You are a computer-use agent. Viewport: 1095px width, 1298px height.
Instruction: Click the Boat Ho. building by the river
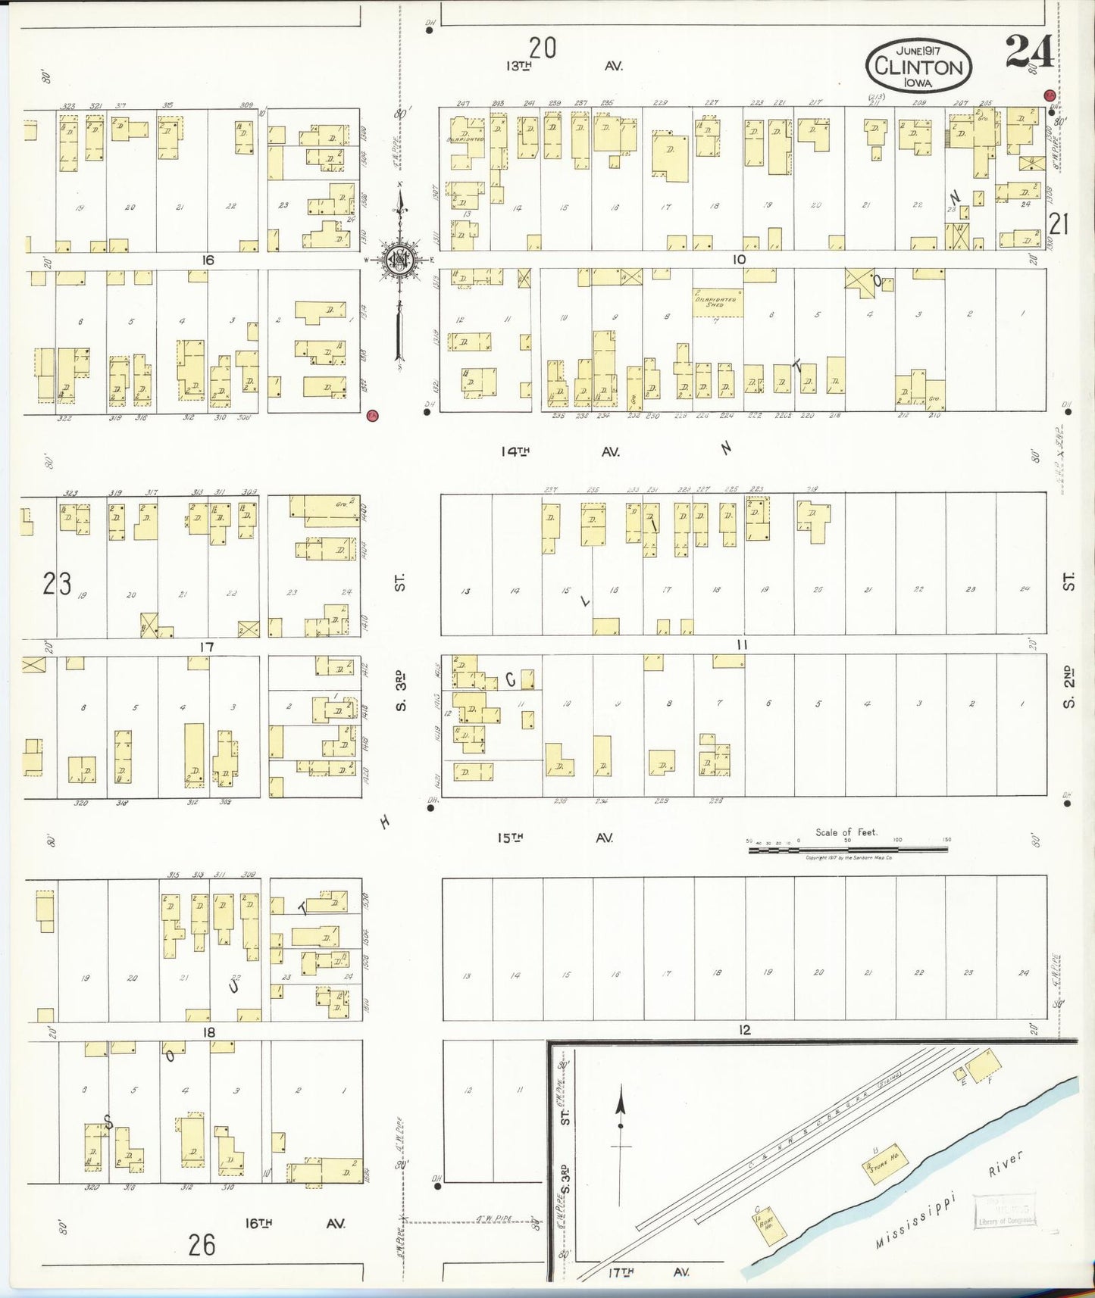click(x=764, y=1225)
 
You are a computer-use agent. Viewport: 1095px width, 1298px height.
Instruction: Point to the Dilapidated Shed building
click(x=717, y=302)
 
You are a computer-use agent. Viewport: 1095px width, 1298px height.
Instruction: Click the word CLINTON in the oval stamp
click(x=918, y=67)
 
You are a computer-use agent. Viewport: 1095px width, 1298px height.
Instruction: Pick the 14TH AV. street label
click(x=559, y=451)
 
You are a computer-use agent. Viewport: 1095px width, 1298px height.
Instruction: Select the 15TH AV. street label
click(x=555, y=838)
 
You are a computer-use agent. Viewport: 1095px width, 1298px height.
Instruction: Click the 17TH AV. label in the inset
click(x=648, y=1272)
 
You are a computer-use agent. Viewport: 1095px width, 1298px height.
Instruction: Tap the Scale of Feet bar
click(x=847, y=850)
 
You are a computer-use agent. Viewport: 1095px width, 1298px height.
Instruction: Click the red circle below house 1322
click(x=371, y=415)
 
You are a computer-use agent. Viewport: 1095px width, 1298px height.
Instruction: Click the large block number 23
click(x=57, y=584)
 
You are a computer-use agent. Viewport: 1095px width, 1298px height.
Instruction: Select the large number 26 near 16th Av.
click(x=202, y=1245)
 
